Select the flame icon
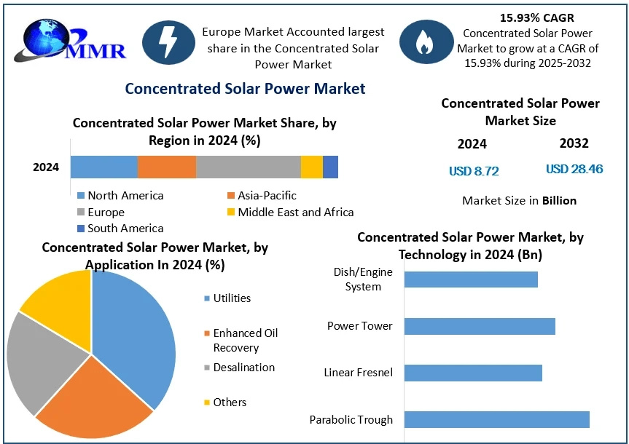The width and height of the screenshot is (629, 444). pos(423,43)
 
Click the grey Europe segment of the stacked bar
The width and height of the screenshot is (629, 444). pos(248,167)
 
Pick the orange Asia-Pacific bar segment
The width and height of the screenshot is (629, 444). pos(167,167)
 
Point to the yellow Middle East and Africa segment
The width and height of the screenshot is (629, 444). pos(311,167)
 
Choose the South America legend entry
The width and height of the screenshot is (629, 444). pos(120,228)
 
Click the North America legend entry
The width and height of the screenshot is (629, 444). pos(120,195)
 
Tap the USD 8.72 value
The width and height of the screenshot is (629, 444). pos(474,171)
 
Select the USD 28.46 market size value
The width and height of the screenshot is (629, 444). pos(574,169)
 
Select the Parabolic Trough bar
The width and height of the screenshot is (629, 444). pos(496,419)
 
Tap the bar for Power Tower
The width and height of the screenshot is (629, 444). pos(480,326)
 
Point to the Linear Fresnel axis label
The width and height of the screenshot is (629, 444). pos(359,373)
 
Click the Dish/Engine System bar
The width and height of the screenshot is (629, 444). pos(471,280)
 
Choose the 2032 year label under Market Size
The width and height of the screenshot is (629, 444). pos(574,143)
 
